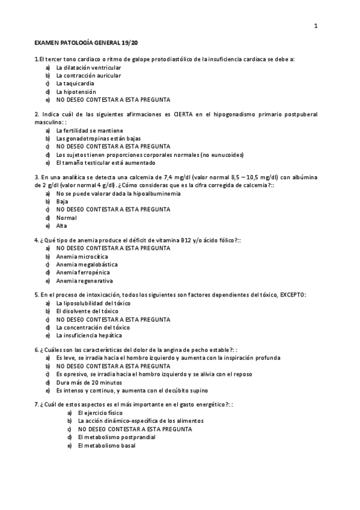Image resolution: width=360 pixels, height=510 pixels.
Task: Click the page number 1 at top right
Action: pos(316,25)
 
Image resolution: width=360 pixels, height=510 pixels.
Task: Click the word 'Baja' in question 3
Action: pos(62,201)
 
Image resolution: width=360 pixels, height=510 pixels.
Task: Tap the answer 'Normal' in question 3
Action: pos(66,218)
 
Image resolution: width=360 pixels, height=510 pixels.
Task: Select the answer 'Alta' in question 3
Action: pos(62,226)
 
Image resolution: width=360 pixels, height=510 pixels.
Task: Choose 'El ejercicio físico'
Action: pos(100,414)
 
